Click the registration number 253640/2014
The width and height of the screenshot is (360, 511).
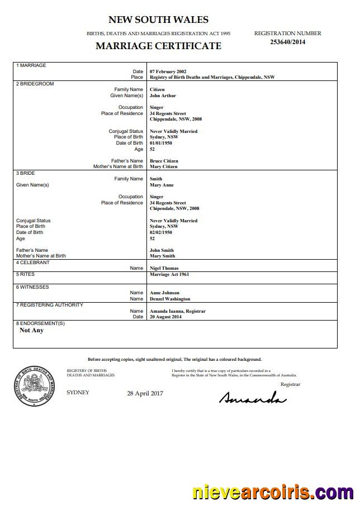coord(287,42)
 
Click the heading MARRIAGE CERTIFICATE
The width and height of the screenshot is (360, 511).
coord(158,46)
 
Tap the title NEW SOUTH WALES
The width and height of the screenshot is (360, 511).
coord(158,20)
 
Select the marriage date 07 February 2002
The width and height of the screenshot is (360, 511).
coord(168,71)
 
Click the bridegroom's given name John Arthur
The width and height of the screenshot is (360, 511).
coord(163,95)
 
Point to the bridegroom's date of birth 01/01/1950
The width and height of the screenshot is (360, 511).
coord(161,143)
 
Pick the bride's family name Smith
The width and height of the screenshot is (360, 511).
coord(156,179)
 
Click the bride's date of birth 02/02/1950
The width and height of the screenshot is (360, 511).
coord(161,232)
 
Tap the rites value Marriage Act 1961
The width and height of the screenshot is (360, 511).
coord(169,275)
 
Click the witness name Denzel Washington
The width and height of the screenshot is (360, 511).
coord(170,299)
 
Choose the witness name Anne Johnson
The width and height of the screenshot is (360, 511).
coord(164,293)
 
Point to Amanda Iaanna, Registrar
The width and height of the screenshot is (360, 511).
coord(178,311)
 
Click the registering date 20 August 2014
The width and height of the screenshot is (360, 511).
coord(165,317)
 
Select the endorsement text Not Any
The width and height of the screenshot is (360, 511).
coord(31,330)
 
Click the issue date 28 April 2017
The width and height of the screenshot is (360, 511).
coord(145,394)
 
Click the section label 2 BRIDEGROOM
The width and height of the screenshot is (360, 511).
coord(35,84)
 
